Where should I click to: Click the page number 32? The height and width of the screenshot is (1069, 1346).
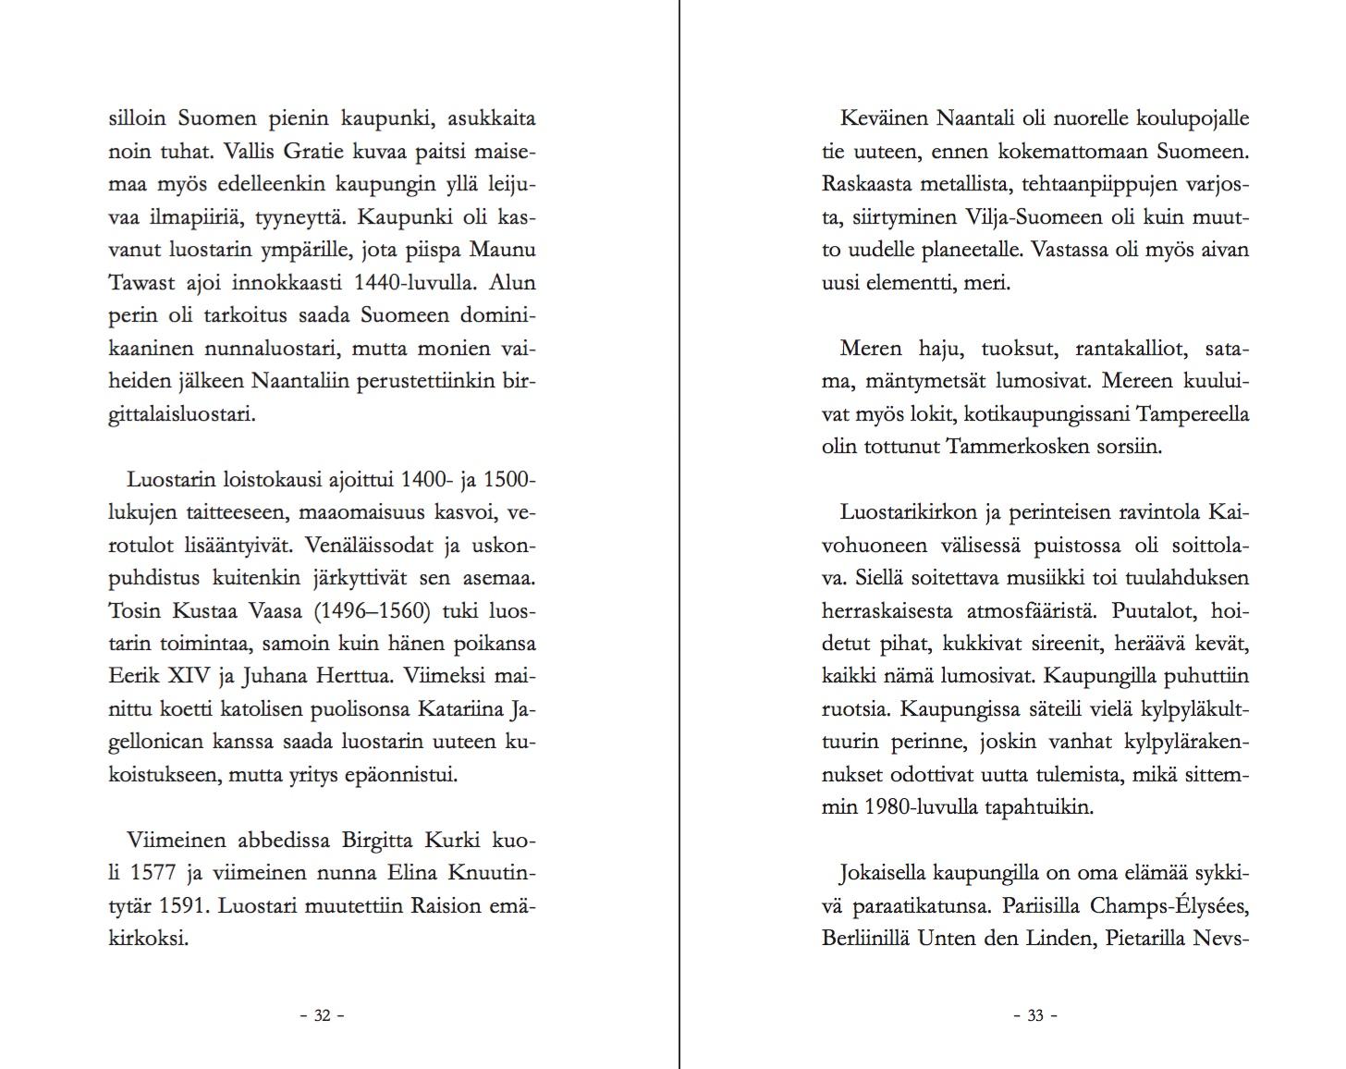(323, 1015)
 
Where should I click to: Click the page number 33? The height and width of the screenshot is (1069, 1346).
(1035, 1015)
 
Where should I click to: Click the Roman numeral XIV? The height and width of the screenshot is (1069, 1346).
(190, 676)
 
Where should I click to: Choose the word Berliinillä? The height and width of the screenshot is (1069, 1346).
(866, 939)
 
